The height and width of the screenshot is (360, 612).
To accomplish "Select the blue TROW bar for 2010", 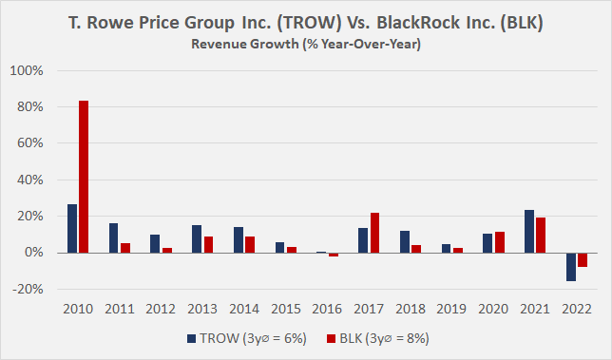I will [72, 229].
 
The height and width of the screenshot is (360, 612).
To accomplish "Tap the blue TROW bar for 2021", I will [530, 232].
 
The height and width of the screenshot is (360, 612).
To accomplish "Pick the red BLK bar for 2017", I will [375, 233].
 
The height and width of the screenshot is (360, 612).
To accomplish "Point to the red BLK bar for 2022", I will [583, 259].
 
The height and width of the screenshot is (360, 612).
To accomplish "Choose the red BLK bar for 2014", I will [250, 244].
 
